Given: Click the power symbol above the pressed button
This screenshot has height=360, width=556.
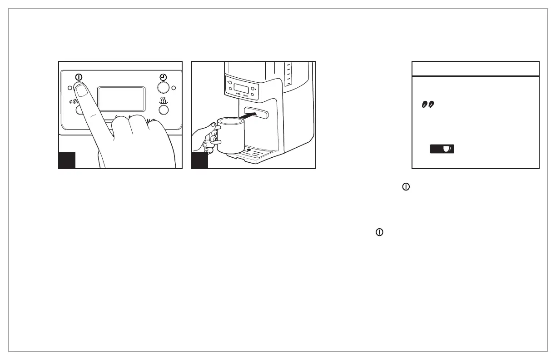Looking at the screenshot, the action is [79, 77].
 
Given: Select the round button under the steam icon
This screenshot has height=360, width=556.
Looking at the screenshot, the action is [164, 110].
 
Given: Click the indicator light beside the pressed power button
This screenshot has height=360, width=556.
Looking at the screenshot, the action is [69, 87].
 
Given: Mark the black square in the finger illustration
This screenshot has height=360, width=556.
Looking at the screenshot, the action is [67, 160].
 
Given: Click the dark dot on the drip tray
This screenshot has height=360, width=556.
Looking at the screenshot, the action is [248, 149].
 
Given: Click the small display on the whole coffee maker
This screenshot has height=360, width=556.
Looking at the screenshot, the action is [240, 87].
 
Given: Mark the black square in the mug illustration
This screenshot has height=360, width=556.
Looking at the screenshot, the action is [200, 160].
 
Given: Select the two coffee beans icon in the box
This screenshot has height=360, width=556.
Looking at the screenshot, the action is [428, 105].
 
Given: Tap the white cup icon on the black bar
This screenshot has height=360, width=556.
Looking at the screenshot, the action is [447, 149].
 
